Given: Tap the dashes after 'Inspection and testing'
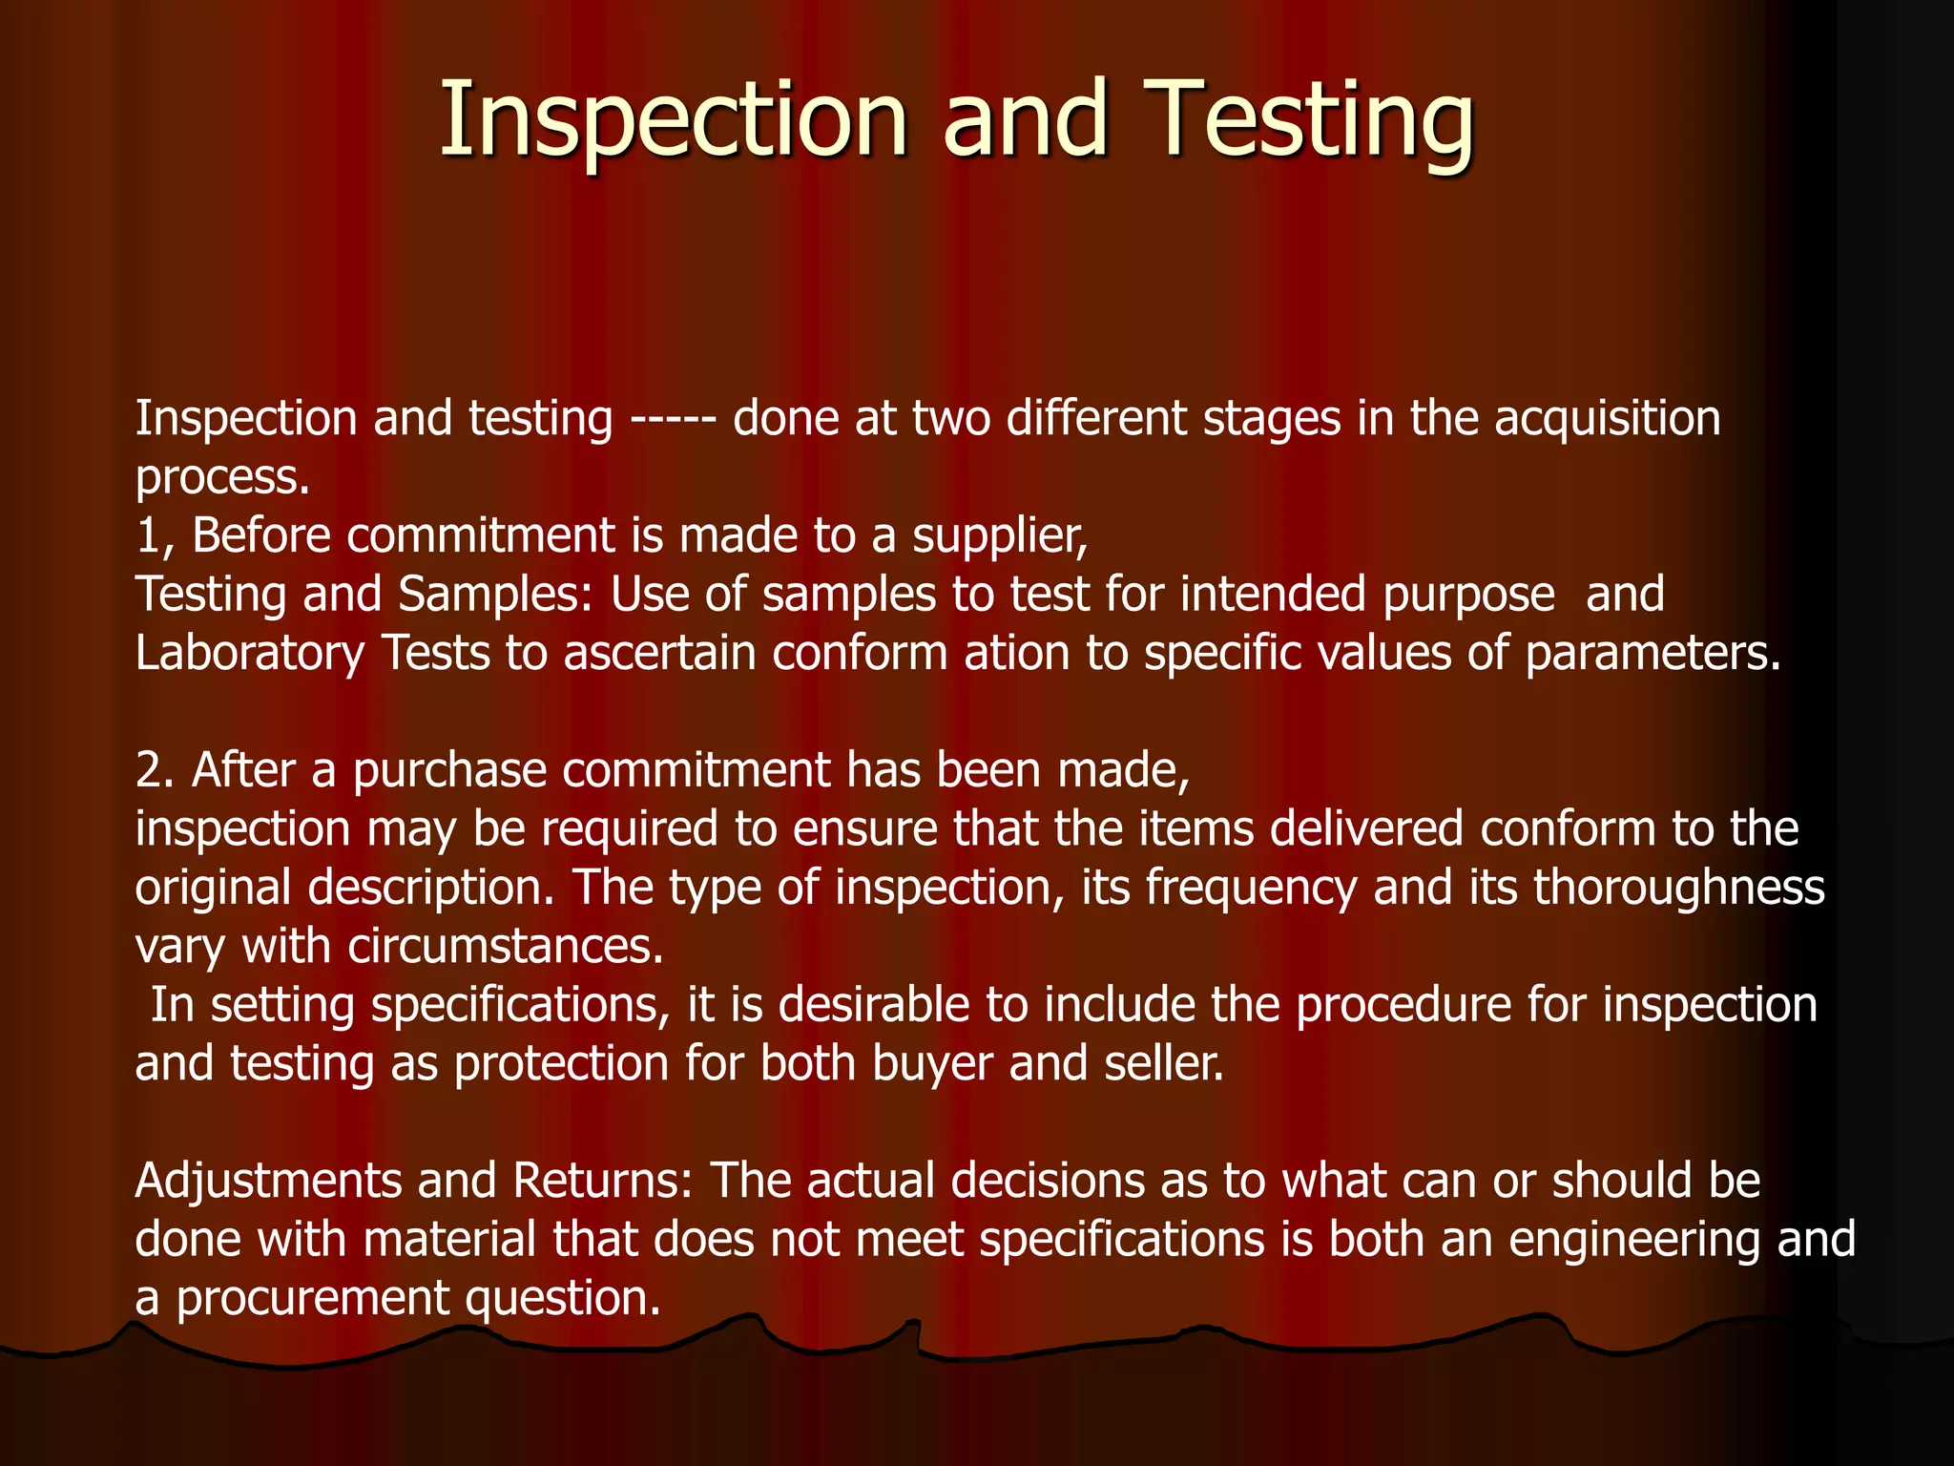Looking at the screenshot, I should tap(673, 420).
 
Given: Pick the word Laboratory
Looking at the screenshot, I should tap(250, 655).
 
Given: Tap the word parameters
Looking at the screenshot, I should tap(1653, 655).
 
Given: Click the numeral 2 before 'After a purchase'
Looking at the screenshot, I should tap(151, 771).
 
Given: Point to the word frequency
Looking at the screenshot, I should tap(1251, 889).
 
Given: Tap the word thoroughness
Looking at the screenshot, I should tap(1679, 889).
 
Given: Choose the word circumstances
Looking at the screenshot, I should tap(505, 947).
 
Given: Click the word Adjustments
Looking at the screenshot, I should tap(268, 1183).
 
